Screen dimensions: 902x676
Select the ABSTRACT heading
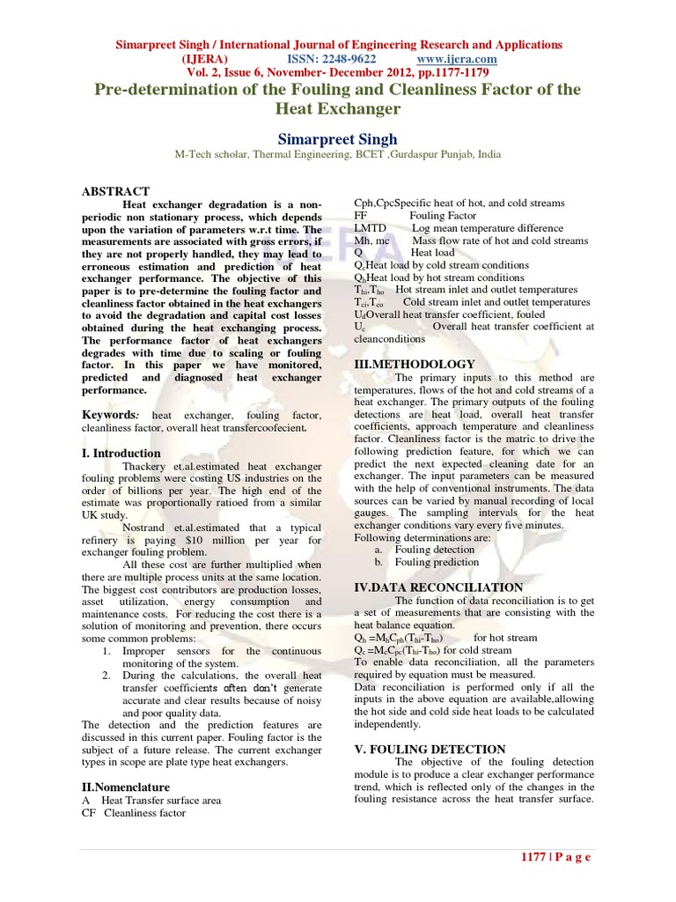(x=115, y=191)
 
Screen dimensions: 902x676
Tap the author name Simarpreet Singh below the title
(x=338, y=139)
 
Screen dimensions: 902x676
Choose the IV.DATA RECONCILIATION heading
(x=438, y=587)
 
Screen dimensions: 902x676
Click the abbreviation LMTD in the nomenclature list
(x=371, y=228)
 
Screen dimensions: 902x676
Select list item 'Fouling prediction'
(x=436, y=562)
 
